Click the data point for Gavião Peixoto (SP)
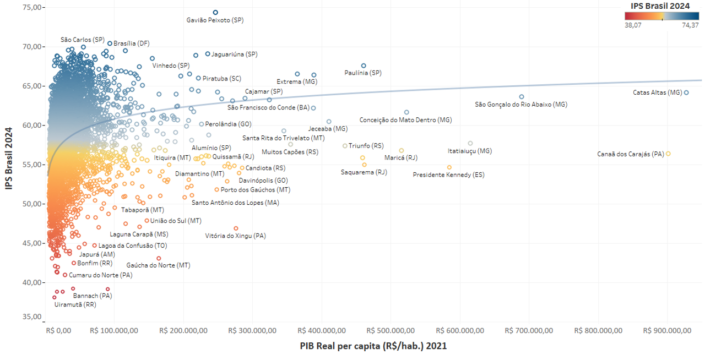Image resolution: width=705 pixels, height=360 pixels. [215, 12]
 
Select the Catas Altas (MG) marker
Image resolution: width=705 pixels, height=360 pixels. [686, 92]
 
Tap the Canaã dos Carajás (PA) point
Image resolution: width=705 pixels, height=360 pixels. [668, 154]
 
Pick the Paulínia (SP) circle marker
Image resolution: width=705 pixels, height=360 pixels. [364, 66]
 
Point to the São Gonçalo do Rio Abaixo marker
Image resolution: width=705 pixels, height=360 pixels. [522, 96]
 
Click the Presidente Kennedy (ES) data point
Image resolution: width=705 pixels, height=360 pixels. [449, 167]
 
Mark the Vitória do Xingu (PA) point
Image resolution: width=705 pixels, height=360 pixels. [236, 228]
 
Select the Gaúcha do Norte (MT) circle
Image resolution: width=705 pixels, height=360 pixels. [159, 258]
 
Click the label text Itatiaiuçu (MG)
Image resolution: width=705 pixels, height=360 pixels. [470, 151]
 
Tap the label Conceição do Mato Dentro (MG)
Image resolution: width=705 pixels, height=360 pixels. [405, 119]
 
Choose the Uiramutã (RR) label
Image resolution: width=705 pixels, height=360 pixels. [75, 304]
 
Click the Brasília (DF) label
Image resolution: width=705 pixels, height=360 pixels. [131, 43]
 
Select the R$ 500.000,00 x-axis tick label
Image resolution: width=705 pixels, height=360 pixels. [391, 330]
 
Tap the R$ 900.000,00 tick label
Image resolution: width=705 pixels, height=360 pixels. [667, 330]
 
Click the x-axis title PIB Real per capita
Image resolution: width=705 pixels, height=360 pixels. [373, 346]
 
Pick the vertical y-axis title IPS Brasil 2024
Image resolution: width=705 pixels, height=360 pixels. [9, 158]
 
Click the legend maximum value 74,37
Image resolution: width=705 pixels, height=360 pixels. [690, 25]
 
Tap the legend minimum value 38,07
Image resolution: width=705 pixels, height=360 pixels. [633, 25]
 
